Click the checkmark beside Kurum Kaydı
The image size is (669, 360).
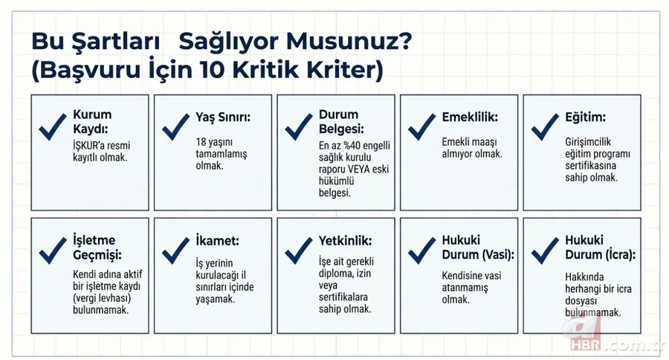(53, 127)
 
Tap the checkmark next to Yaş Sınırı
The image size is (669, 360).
(176, 127)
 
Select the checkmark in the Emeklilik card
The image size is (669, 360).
(422, 127)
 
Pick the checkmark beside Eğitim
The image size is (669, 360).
(546, 127)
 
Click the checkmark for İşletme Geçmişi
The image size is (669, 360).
(53, 251)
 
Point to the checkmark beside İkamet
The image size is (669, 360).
(176, 251)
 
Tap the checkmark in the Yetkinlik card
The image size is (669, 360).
(299, 251)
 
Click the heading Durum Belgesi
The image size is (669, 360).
(339, 121)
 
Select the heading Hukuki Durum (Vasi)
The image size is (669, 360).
(468, 248)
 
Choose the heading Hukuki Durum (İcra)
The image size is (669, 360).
(599, 248)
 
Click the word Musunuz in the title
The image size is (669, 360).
(348, 42)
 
